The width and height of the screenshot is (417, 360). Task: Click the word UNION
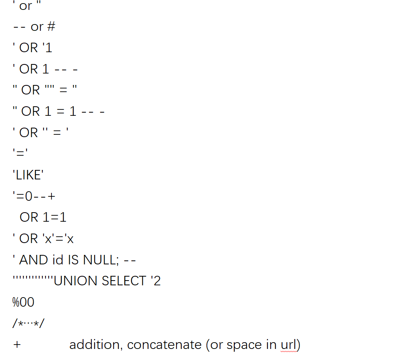tap(76, 281)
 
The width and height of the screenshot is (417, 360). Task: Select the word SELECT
tap(124, 281)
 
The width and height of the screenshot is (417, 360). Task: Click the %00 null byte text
tap(23, 302)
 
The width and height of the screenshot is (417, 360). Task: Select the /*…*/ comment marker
tap(28, 324)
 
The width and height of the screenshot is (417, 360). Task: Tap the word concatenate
tap(164, 345)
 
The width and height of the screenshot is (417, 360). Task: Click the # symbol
tap(51, 27)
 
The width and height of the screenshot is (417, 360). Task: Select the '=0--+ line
tap(34, 196)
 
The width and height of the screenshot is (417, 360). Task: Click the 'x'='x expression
tap(57, 239)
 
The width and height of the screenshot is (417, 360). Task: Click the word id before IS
tap(55, 260)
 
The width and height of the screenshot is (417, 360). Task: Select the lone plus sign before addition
tap(17, 345)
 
